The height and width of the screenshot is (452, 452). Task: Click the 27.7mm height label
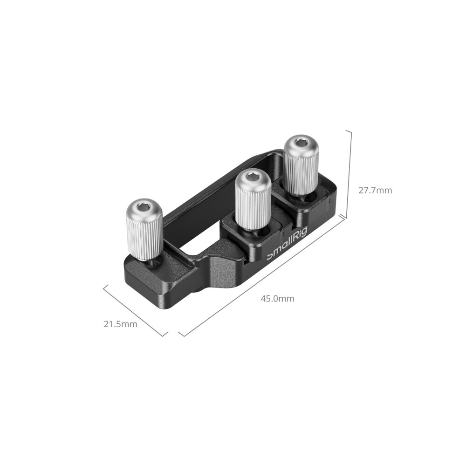[x=375, y=190]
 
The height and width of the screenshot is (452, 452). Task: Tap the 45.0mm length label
[x=277, y=299]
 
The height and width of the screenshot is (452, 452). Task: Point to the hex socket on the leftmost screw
[x=145, y=206]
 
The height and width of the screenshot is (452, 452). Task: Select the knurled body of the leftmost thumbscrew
[x=145, y=233]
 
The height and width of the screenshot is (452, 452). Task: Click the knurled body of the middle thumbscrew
[x=253, y=203]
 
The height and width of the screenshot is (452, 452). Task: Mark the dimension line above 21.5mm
[x=135, y=309]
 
